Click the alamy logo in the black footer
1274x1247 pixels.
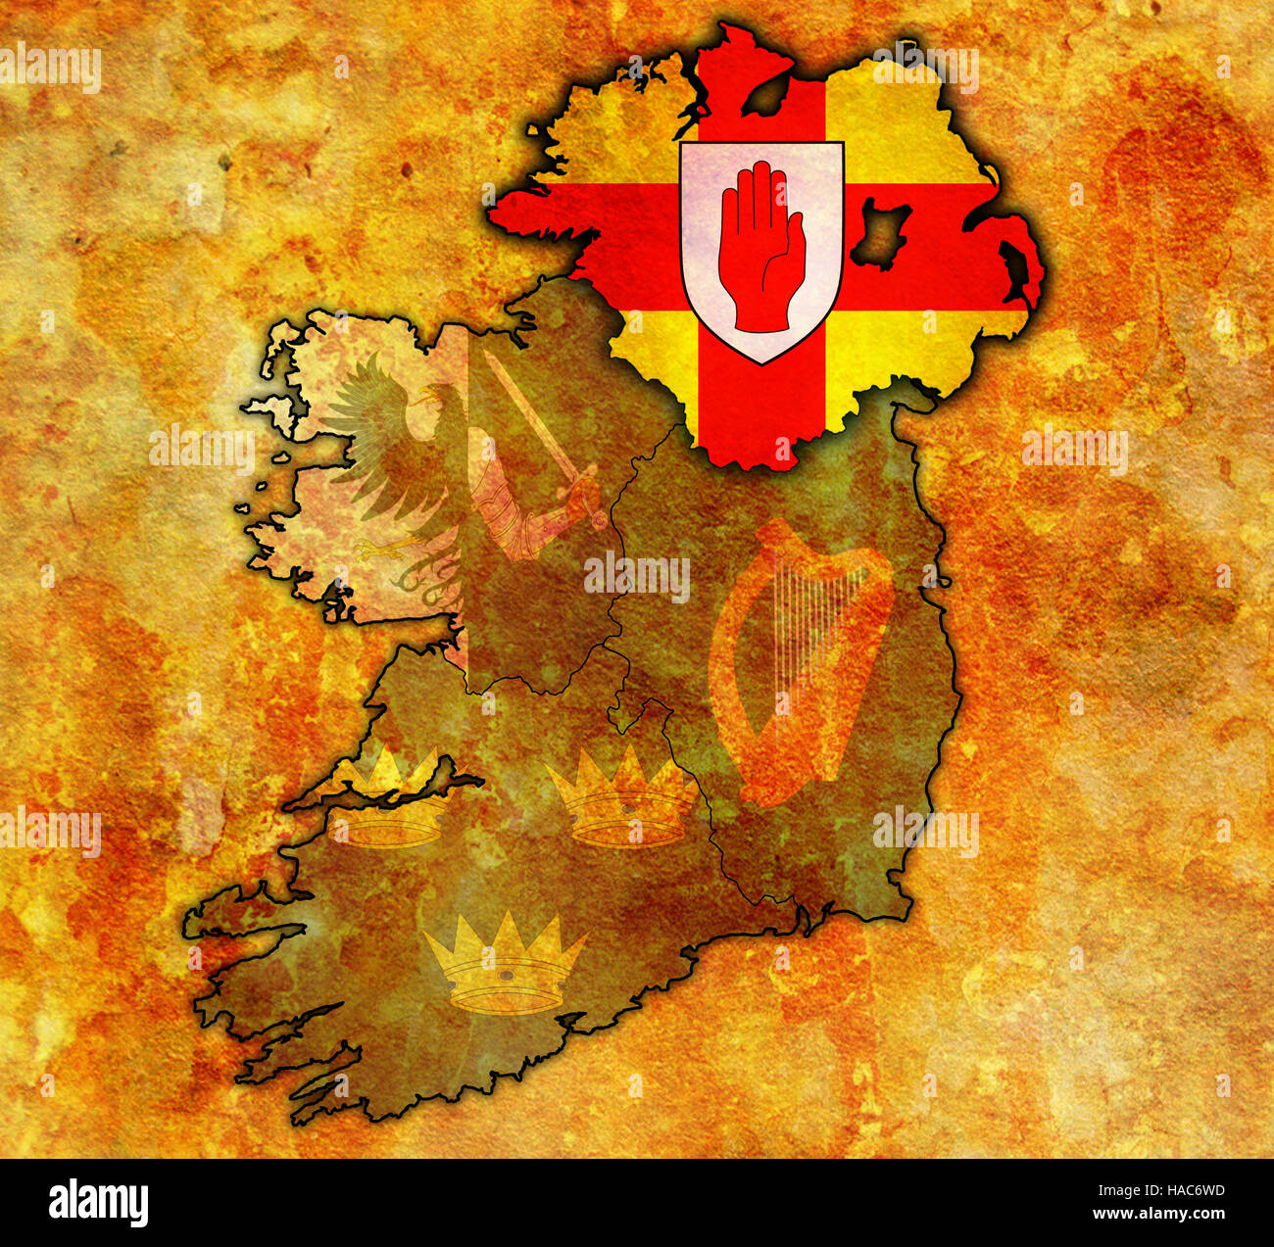pyautogui.click(x=98, y=1202)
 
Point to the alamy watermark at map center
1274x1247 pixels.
pyautogui.click(x=637, y=578)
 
